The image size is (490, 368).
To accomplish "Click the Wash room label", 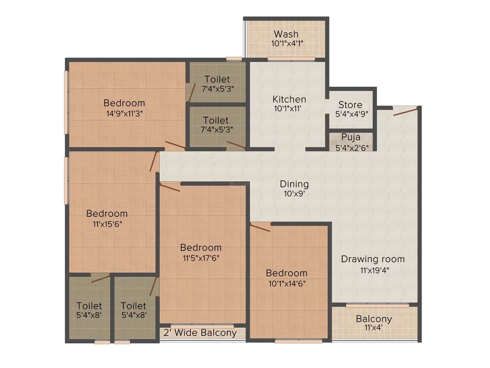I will pos(286,34).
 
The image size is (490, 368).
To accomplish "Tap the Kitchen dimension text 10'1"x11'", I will pos(289,108).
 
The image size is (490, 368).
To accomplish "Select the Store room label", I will pos(350,104).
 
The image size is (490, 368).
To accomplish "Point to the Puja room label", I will pos(351,137).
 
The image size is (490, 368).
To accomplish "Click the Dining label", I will pos(294,184).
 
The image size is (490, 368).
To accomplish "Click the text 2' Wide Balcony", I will pos(200,333).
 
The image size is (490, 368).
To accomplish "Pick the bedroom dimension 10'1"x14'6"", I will pos(287,283).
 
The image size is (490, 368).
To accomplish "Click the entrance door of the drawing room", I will pos(405,111).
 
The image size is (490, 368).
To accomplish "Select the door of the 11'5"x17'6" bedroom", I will pos(170,187).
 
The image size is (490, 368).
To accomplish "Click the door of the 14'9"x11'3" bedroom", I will pos(174,145).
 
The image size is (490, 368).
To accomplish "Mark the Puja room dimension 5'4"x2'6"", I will pos(352,147).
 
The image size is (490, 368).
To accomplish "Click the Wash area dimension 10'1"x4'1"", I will pos(287,43).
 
